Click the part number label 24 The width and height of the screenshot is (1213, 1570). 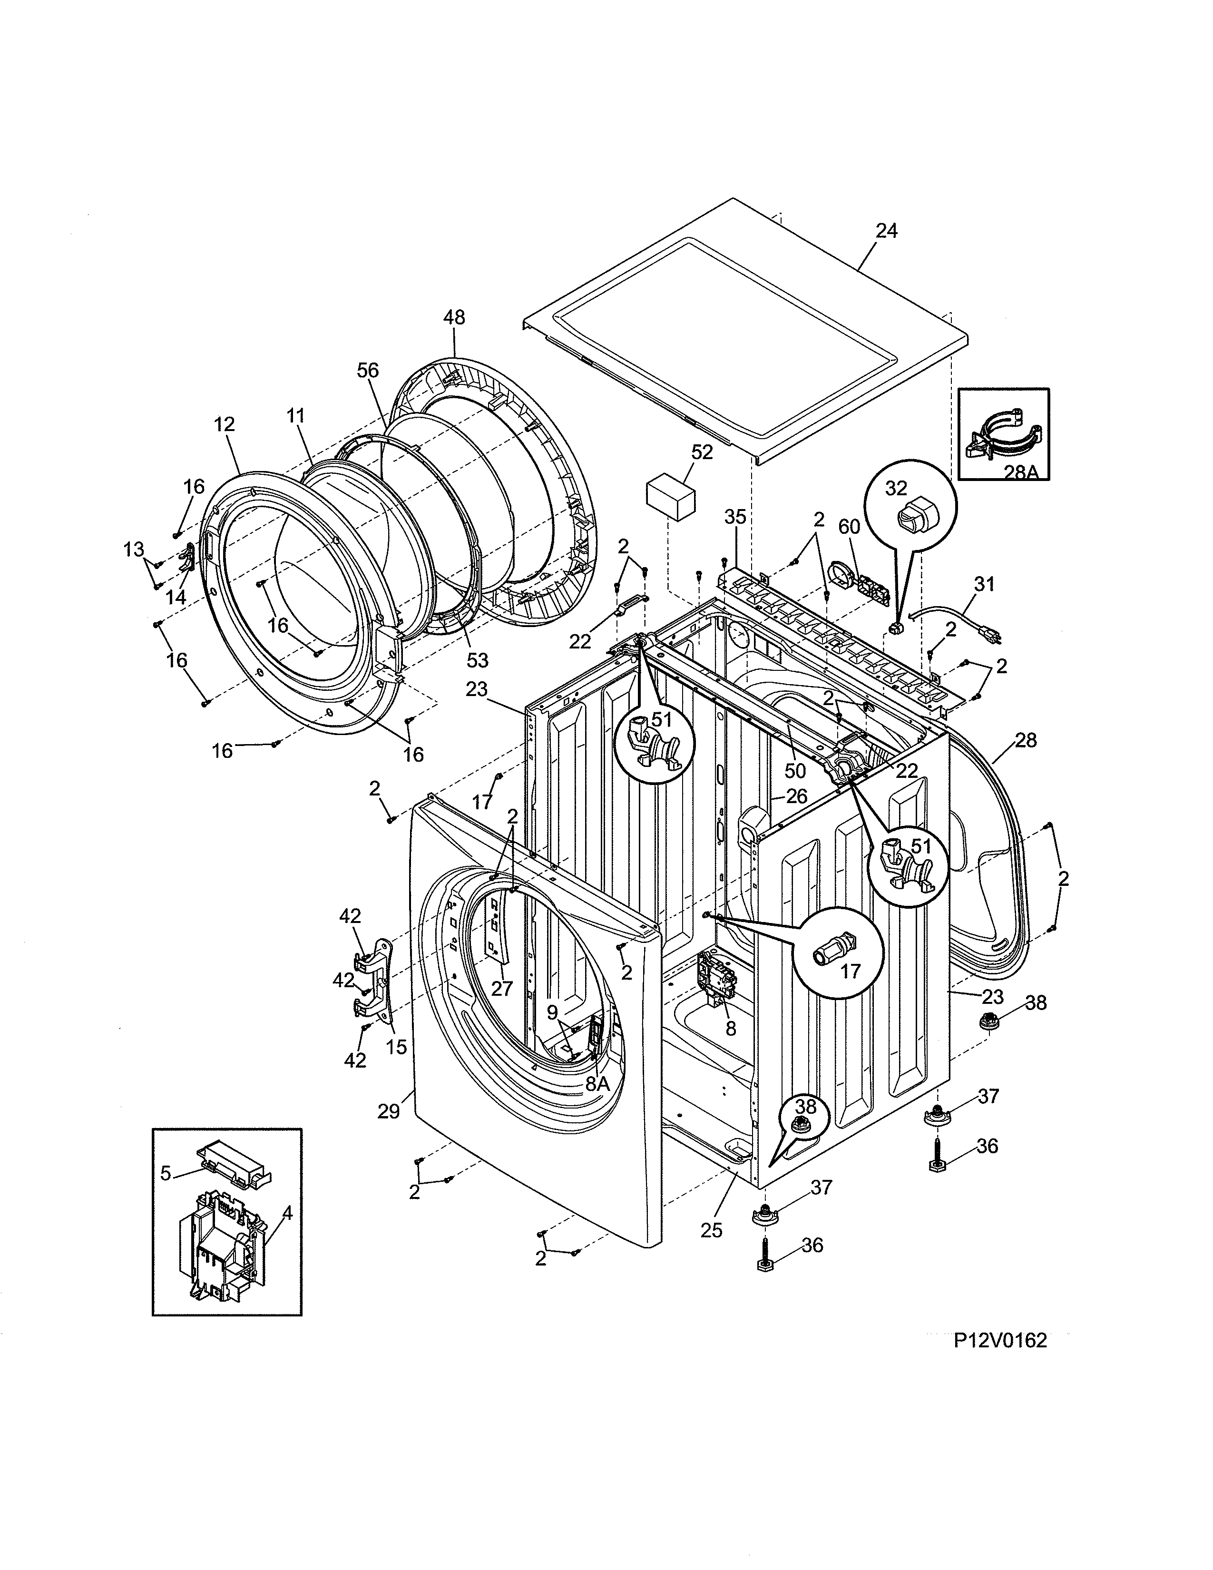(x=886, y=232)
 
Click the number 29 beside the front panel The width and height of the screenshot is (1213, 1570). (x=388, y=1111)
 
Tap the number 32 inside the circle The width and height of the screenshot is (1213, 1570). (x=896, y=488)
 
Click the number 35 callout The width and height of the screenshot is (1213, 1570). (x=735, y=517)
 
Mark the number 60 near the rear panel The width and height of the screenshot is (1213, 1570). (x=849, y=527)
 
